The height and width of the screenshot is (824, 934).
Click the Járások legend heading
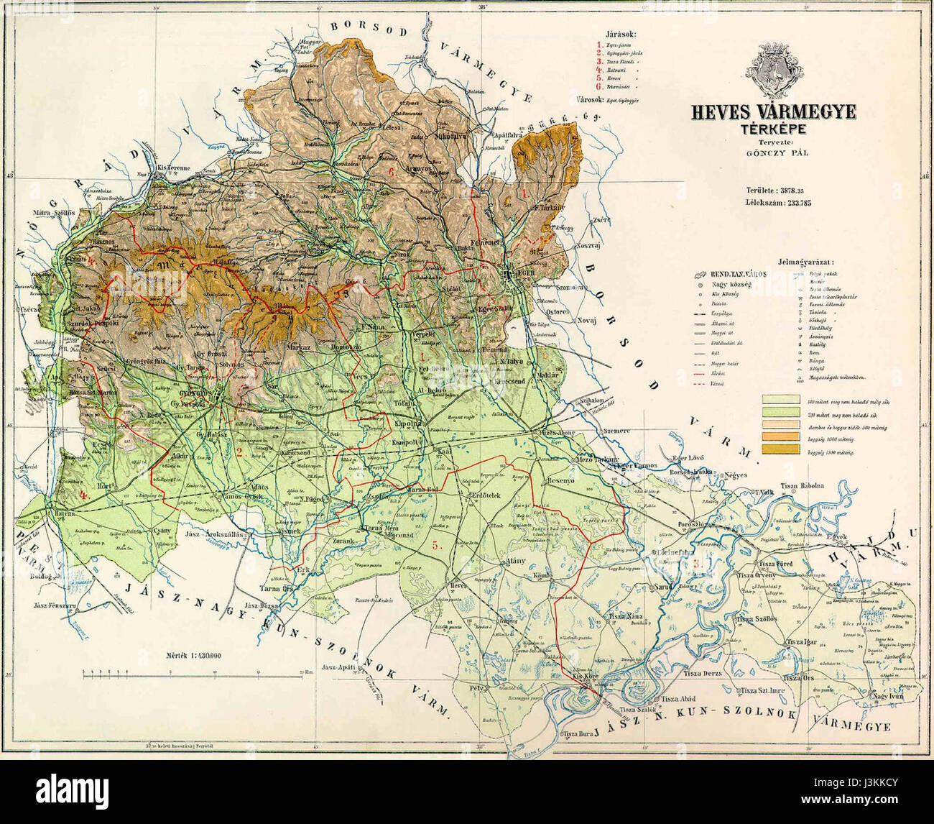coord(621,35)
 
